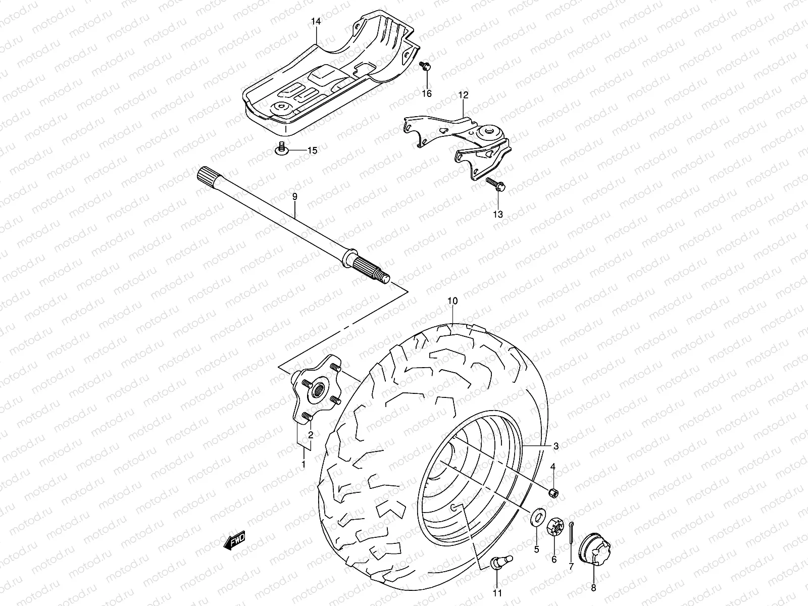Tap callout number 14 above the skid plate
point(316,22)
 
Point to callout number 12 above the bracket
point(463,95)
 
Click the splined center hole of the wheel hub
point(320,390)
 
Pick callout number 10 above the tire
point(452,301)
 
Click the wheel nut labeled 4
point(553,492)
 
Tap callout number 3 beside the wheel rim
point(555,446)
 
